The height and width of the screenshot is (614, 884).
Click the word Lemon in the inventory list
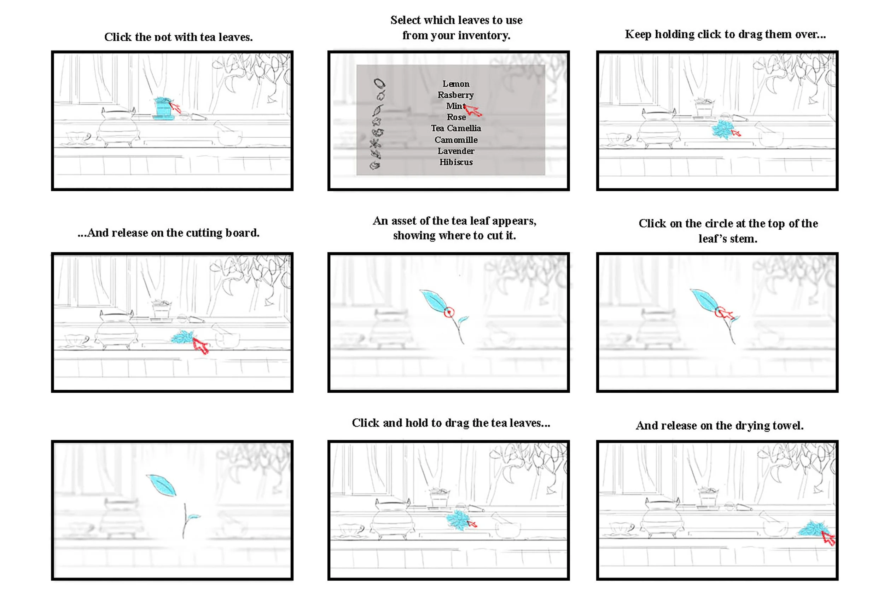tap(455, 84)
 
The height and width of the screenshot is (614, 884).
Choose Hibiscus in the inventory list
tap(456, 162)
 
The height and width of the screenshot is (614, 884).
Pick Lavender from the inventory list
tap(456, 151)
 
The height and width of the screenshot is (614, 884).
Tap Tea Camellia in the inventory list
tap(456, 128)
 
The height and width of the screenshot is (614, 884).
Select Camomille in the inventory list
tap(456, 140)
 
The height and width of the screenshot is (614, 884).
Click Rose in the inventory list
tap(456, 117)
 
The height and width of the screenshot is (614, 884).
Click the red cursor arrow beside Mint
tap(473, 111)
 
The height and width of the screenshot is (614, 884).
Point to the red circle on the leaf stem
tap(448, 312)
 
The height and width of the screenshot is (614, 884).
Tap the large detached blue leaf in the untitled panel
tap(162, 485)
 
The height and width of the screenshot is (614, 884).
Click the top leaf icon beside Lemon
tap(379, 83)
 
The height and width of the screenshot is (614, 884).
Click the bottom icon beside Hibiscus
tap(375, 165)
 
